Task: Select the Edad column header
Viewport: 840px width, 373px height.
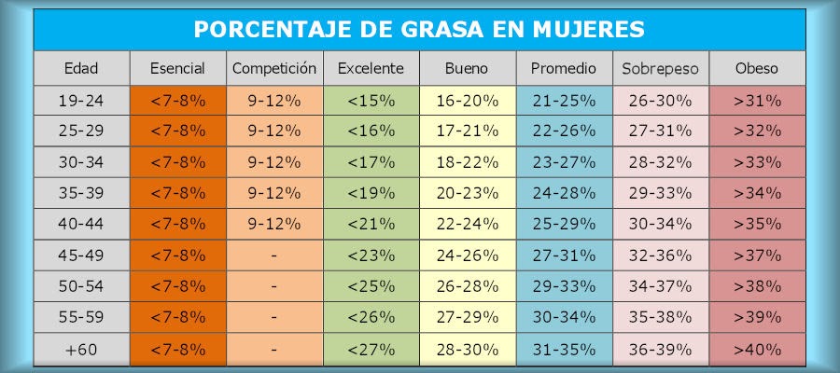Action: click(x=81, y=68)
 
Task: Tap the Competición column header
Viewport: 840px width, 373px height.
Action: click(x=274, y=68)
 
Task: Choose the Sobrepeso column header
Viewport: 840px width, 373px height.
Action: click(x=660, y=68)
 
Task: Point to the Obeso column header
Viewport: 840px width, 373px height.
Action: click(x=757, y=68)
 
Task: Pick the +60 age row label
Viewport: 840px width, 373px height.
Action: click(x=81, y=350)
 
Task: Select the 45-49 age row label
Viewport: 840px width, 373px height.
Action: click(x=81, y=256)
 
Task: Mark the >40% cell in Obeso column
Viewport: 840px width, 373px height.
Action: click(x=757, y=350)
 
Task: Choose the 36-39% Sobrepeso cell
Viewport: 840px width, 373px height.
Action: click(x=660, y=350)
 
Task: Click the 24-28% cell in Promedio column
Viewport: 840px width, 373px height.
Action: click(x=564, y=193)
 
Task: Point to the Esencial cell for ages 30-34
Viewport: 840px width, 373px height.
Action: click(x=177, y=162)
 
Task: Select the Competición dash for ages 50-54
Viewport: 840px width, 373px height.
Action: click(x=274, y=287)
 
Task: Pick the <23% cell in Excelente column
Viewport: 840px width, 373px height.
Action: click(x=371, y=256)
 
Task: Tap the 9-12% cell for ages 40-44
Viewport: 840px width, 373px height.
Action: click(x=274, y=225)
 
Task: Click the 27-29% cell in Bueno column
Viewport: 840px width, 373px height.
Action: click(x=468, y=318)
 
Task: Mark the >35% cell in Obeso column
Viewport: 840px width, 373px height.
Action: click(x=757, y=225)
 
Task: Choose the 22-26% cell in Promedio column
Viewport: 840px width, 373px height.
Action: click(x=564, y=131)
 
